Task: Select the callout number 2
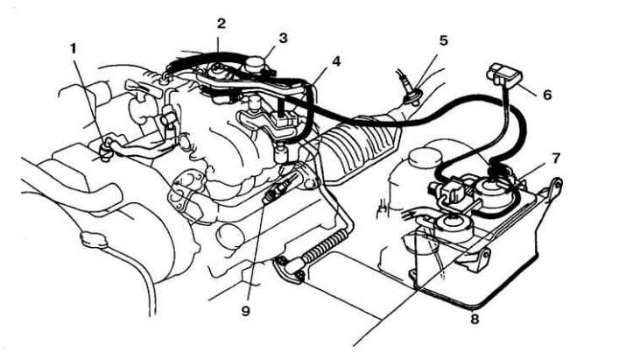tap(222, 23)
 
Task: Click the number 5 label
tap(443, 39)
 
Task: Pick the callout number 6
tap(548, 93)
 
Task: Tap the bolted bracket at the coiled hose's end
tap(288, 269)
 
